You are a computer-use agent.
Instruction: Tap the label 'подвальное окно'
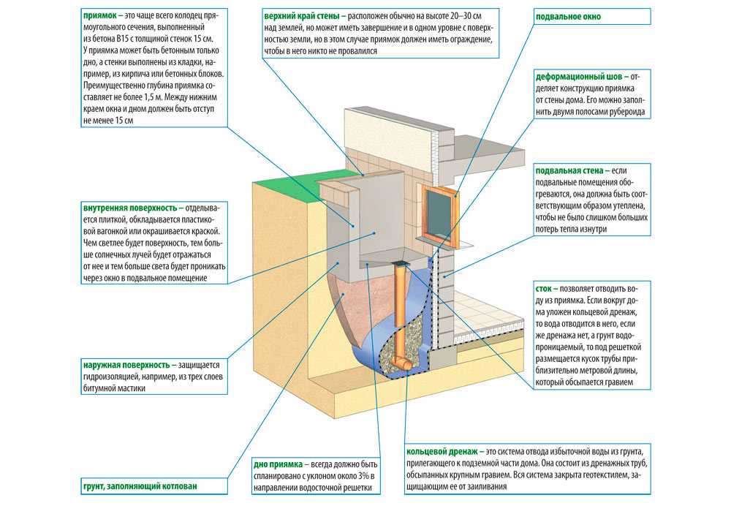tap(565, 15)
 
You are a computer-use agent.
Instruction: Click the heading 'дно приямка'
tap(277, 464)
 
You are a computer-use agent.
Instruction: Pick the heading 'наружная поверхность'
tap(126, 364)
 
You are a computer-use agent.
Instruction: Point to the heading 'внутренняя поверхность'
tap(129, 208)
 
